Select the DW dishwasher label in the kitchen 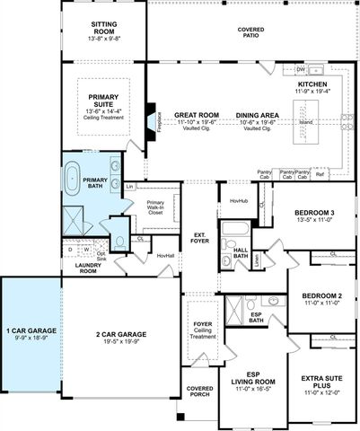[302, 69]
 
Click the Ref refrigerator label [320, 174]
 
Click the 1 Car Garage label [31, 331]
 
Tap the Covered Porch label [200, 391]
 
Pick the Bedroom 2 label [322, 296]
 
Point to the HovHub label [238, 201]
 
